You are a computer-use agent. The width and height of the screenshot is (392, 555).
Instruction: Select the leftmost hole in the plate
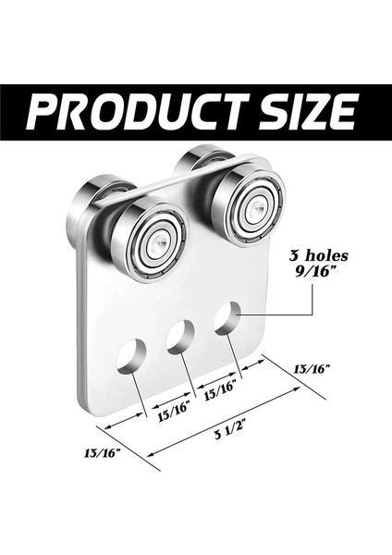133,356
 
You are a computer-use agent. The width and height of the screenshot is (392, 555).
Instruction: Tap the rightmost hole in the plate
227,317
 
